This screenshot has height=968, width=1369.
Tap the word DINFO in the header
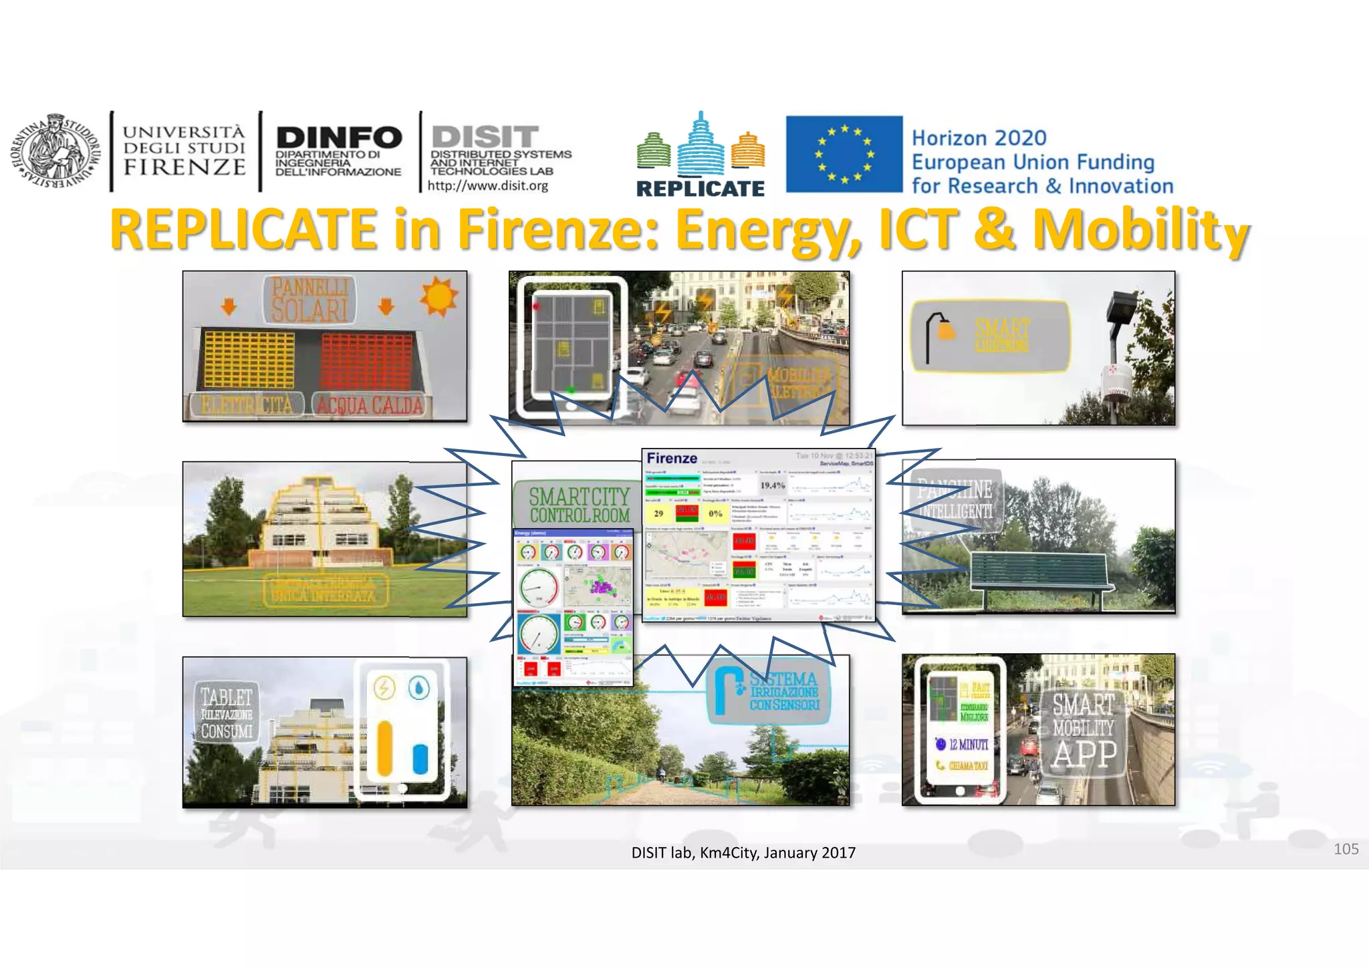click(x=339, y=138)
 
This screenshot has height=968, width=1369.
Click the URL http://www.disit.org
click(x=487, y=186)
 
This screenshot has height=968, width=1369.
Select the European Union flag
click(x=844, y=154)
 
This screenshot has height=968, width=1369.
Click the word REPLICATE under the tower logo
click(x=700, y=189)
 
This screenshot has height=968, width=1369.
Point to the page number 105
click(x=1346, y=849)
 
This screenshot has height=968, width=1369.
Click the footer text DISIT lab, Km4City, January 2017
click(x=743, y=853)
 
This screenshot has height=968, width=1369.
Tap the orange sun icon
click(x=439, y=295)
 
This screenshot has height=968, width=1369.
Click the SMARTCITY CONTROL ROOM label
click(x=579, y=505)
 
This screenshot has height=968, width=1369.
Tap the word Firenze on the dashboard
click(x=672, y=459)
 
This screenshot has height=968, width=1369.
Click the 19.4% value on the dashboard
click(x=772, y=485)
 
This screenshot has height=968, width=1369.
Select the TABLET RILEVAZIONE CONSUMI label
click(x=227, y=714)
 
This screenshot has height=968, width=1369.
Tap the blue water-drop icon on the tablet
click(x=419, y=688)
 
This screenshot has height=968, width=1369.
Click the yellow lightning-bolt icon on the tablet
click(x=384, y=688)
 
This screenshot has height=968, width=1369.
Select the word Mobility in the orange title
click(x=1140, y=230)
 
